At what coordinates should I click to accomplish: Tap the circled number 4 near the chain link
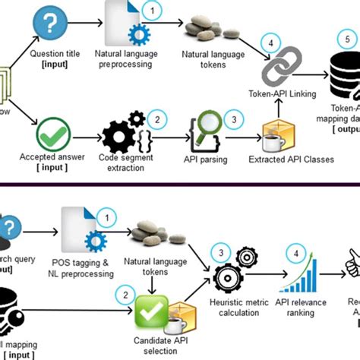coord(268,43)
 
